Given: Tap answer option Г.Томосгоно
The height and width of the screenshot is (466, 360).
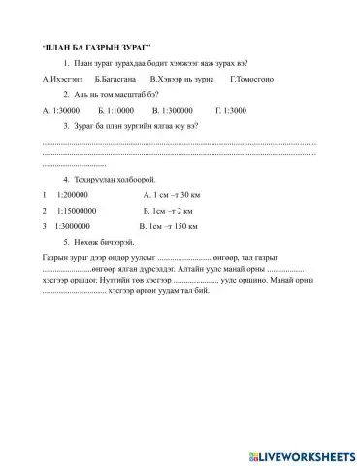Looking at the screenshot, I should click(252, 78).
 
